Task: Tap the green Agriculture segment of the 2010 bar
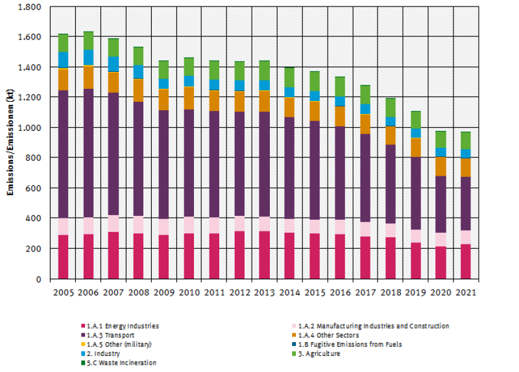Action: (x=189, y=67)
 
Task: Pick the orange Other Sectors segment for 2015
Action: (x=315, y=111)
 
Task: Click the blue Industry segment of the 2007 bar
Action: (x=114, y=64)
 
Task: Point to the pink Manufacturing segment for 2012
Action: (x=240, y=223)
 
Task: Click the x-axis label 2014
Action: (x=291, y=292)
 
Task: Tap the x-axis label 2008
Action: (x=139, y=292)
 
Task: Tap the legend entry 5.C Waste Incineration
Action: (x=121, y=363)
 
